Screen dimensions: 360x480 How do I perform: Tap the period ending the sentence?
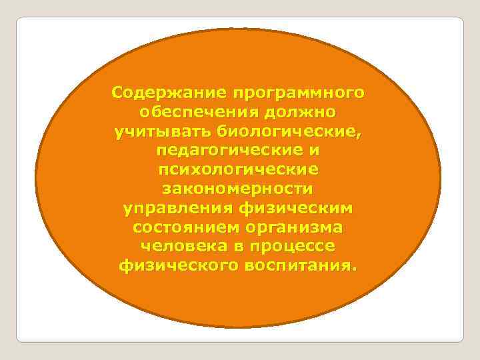click(355, 269)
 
